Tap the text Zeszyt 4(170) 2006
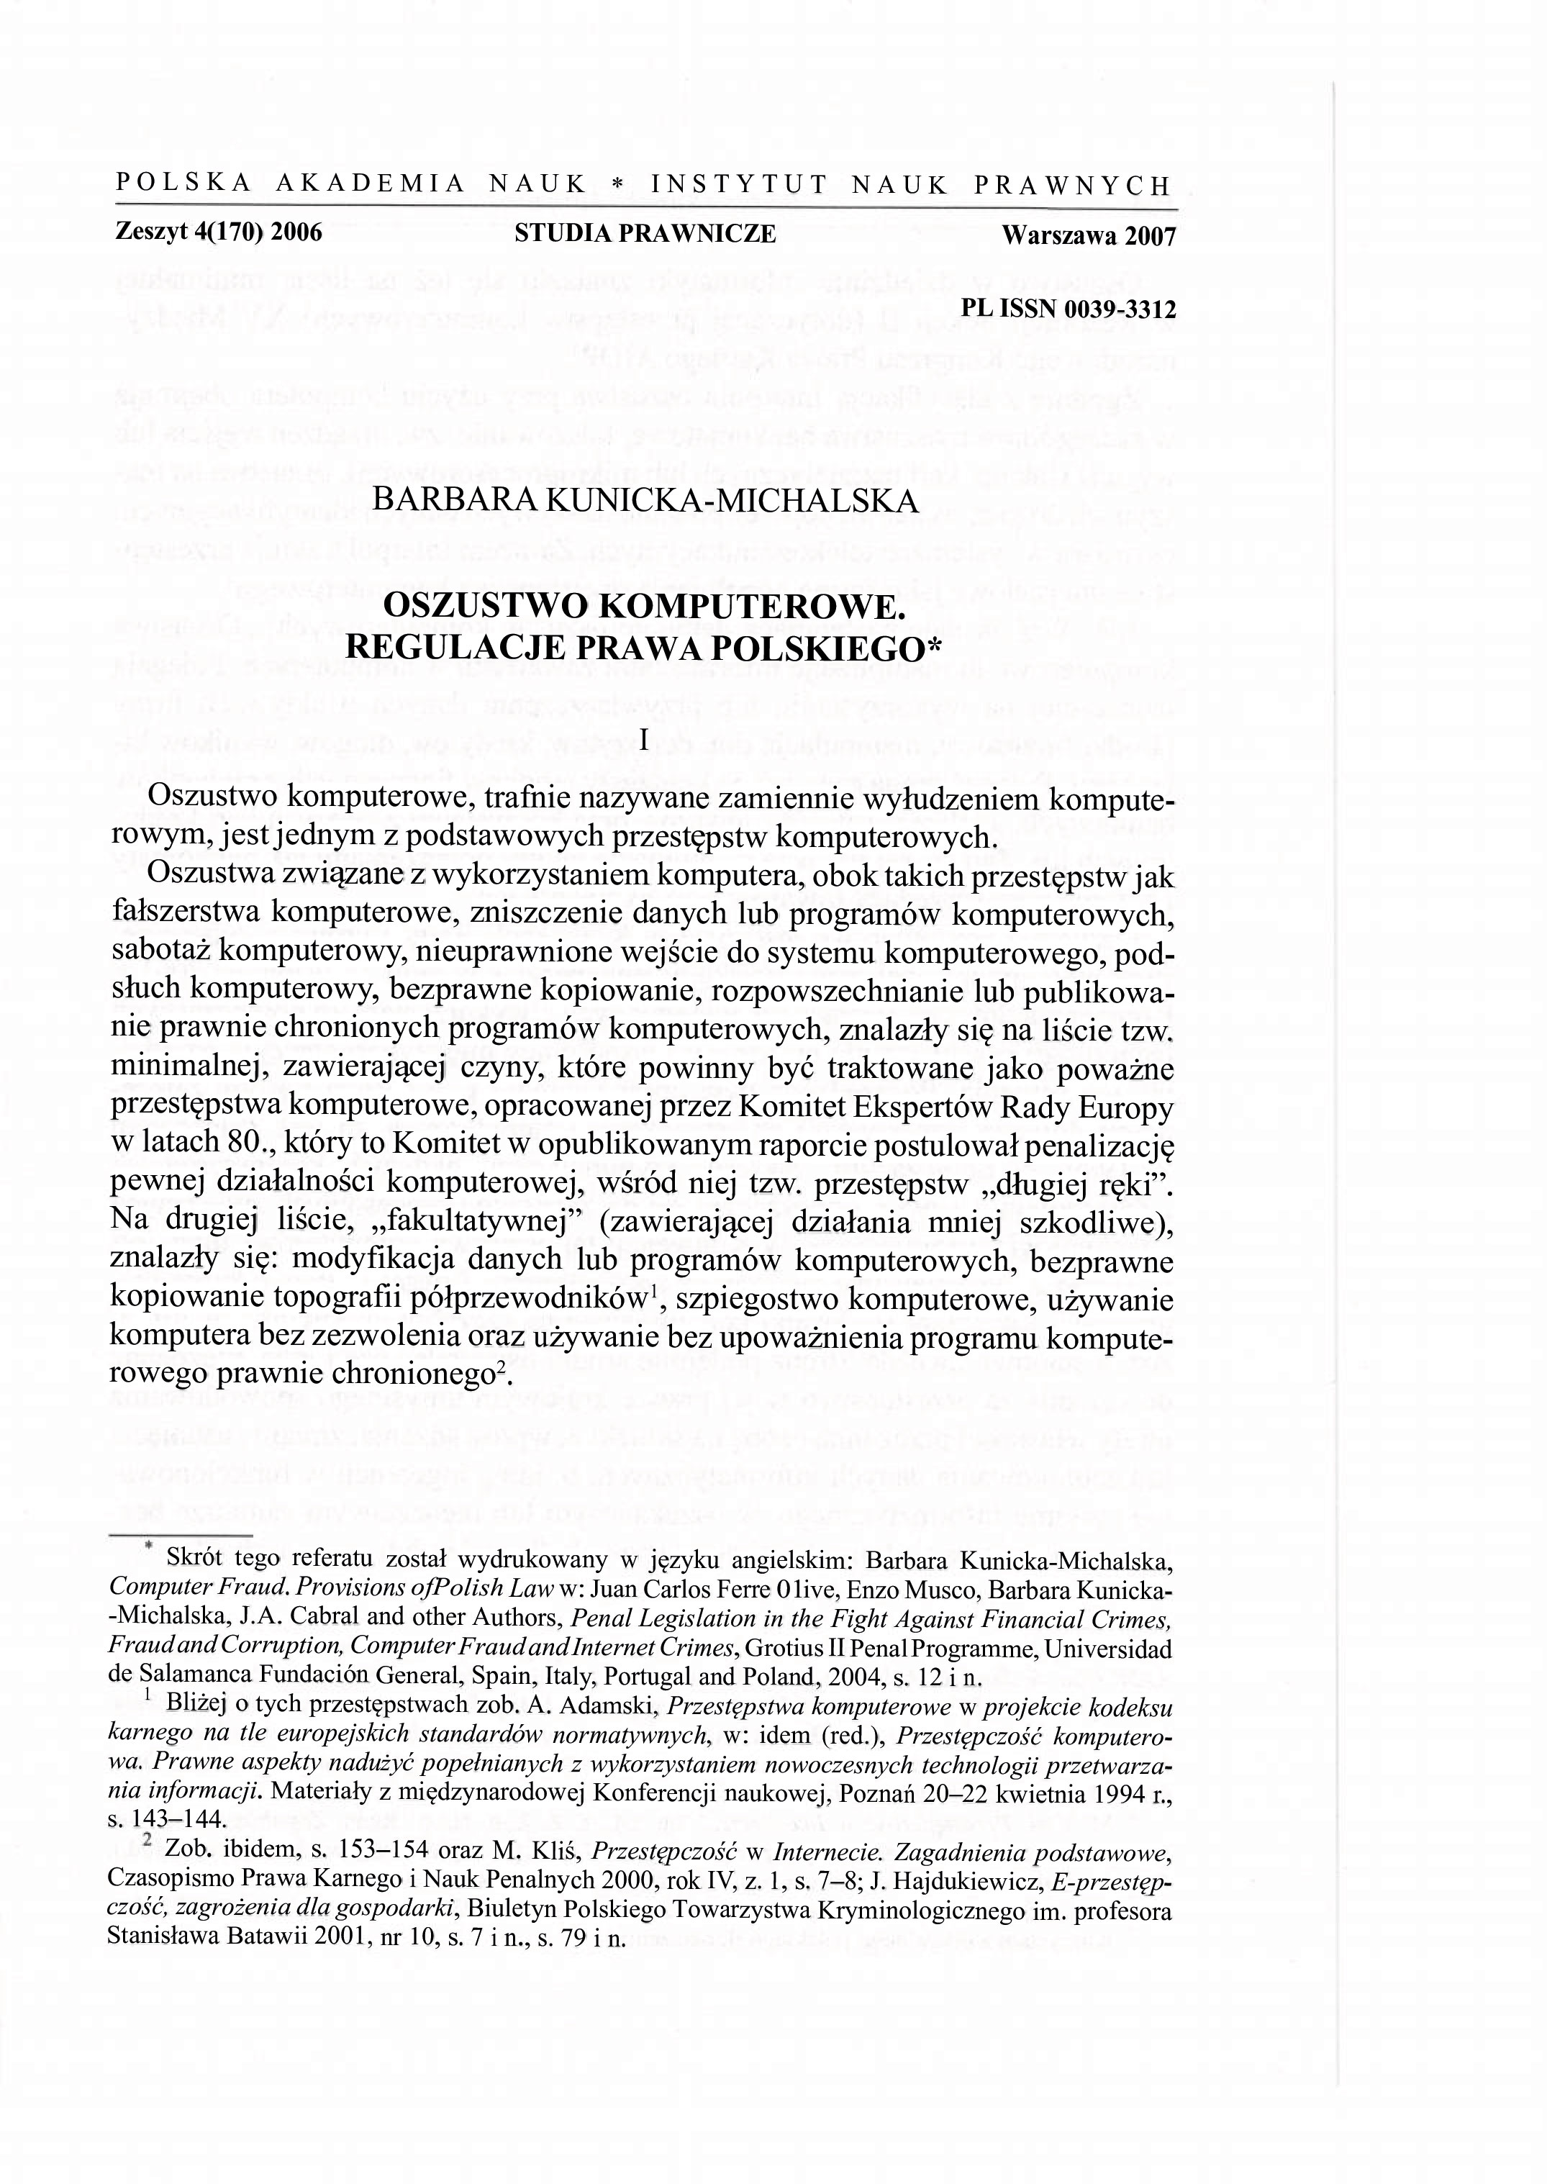coord(218,232)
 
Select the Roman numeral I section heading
coord(645,739)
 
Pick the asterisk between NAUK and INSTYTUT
coord(617,185)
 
